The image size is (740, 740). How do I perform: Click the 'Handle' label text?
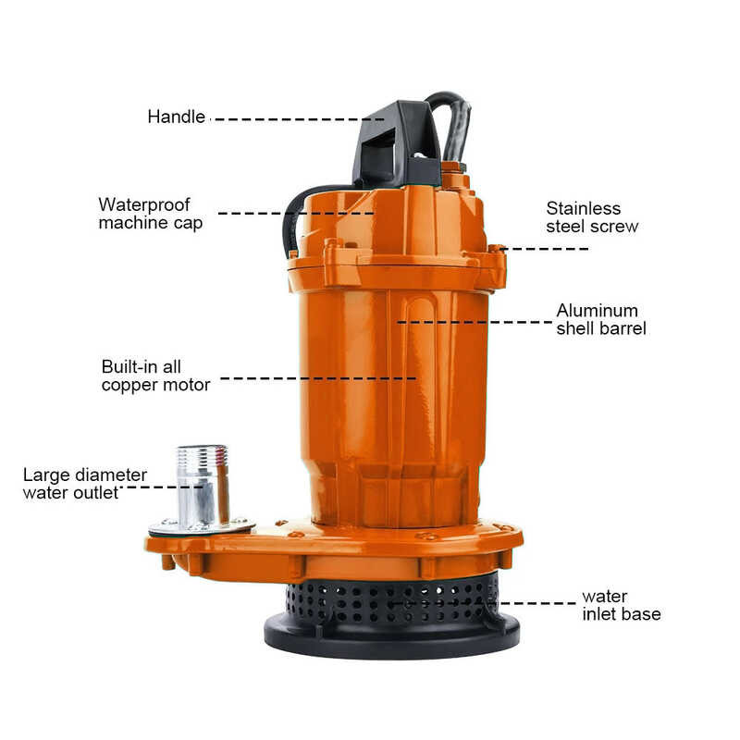click(x=176, y=117)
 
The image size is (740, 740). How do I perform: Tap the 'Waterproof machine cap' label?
click(x=150, y=213)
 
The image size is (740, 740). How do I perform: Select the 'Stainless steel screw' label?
click(x=592, y=217)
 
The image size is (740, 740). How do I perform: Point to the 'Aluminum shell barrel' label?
click(x=600, y=319)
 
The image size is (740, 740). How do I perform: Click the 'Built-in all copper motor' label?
click(x=155, y=375)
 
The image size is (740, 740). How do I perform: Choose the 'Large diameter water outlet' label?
click(x=84, y=484)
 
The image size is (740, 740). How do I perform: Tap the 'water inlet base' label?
click(x=621, y=605)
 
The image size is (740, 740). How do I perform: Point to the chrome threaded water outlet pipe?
click(x=202, y=486)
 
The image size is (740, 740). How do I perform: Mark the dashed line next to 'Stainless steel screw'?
click(x=546, y=249)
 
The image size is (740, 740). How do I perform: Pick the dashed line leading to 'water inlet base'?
click(x=536, y=604)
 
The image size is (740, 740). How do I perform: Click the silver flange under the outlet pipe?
click(x=202, y=526)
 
